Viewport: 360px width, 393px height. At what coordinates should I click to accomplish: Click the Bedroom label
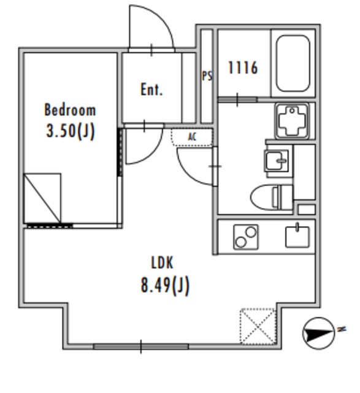click(70, 110)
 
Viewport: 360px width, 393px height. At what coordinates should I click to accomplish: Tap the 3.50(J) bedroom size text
click(71, 131)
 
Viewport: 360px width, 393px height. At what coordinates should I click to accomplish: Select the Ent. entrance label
click(151, 90)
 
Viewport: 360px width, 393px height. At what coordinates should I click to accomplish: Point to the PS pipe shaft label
click(207, 76)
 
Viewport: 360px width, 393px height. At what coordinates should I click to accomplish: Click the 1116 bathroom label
click(243, 68)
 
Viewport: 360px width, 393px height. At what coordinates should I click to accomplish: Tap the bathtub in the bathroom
click(293, 63)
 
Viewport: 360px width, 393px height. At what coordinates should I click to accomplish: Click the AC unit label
click(192, 137)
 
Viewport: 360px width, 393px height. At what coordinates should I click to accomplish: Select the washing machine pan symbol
click(292, 121)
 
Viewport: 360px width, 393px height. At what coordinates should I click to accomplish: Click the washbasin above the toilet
click(277, 161)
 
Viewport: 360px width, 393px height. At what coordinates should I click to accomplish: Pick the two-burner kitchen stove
click(245, 237)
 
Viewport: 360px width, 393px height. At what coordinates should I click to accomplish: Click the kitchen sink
click(297, 236)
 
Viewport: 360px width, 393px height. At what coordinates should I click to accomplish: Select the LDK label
click(163, 263)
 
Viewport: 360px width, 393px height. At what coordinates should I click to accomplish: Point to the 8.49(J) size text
click(165, 285)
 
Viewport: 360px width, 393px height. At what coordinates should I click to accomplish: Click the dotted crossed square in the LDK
click(258, 326)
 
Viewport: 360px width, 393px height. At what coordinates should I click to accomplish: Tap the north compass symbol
click(319, 333)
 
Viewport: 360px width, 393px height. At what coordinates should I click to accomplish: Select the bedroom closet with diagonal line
click(42, 198)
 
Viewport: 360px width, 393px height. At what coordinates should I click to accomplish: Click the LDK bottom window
click(141, 346)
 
